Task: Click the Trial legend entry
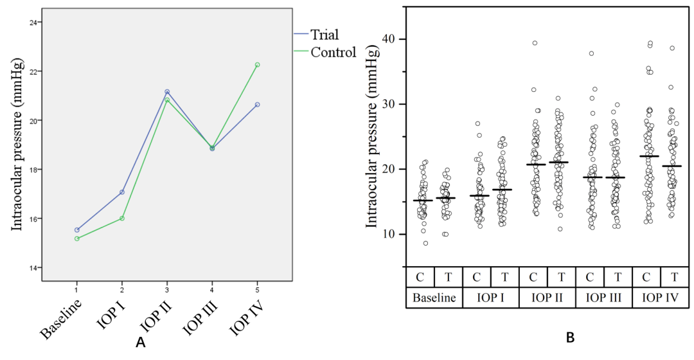click(316, 35)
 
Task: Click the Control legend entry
click(325, 52)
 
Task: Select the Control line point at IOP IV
click(257, 65)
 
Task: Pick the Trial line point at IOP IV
click(257, 105)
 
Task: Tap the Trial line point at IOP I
click(121, 192)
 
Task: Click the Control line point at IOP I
click(121, 218)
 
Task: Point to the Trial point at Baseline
click(77, 230)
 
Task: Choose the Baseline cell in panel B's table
click(434, 298)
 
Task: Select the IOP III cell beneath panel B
click(603, 298)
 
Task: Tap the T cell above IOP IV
click(675, 277)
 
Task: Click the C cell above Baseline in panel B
click(420, 277)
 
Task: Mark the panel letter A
click(140, 342)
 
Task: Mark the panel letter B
click(571, 338)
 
